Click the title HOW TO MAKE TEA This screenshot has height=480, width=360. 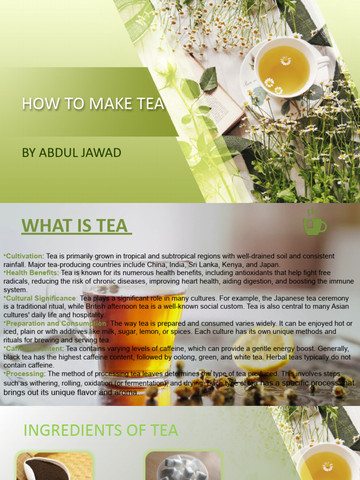click(93, 104)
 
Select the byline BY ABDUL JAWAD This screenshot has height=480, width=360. click(71, 153)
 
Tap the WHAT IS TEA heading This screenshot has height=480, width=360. click(76, 225)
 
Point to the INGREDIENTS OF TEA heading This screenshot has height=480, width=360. click(101, 430)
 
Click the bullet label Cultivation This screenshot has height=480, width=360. click(24, 256)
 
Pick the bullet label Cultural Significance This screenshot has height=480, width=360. click(40, 298)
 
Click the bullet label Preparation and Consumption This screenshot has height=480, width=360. click(56, 323)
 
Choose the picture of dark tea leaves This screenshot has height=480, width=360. click(54, 466)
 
